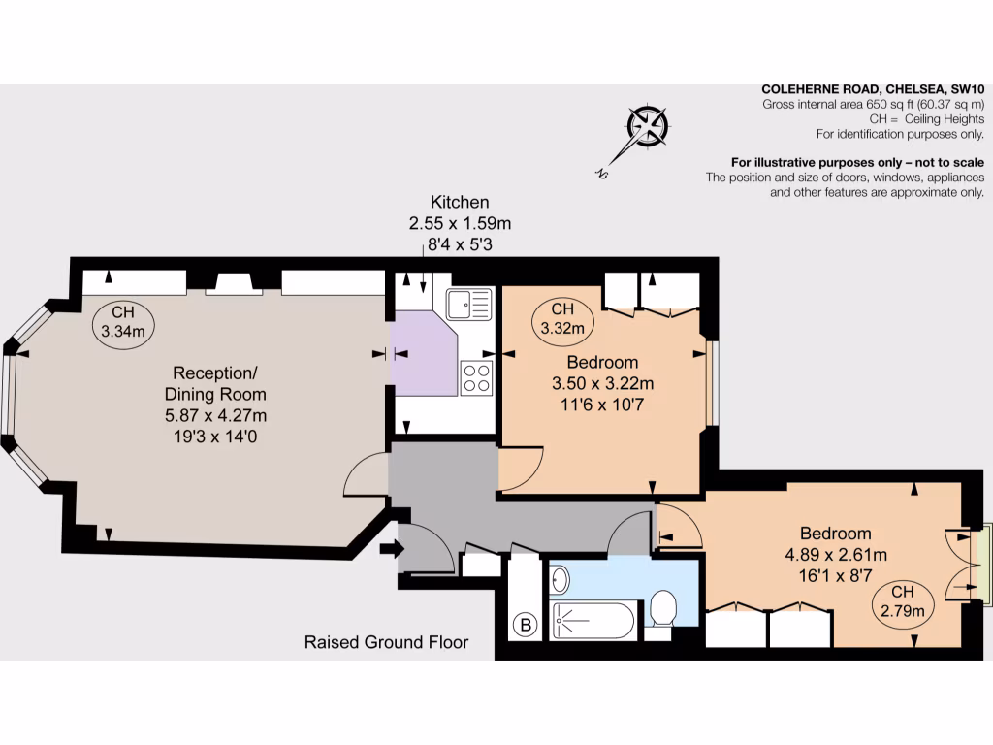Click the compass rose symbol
pos(647,127)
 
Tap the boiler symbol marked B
pos(527,626)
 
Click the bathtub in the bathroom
pos(593,620)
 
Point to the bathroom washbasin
pos(561,581)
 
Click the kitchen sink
pos(470,305)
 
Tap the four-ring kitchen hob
pos(476,376)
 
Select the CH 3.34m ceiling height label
pos(123,322)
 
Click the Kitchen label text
pos(460,203)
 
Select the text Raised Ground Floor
pos(386,642)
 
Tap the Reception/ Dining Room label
pos(215,384)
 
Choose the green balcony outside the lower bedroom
pos(986,562)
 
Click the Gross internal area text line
pos(873,104)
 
